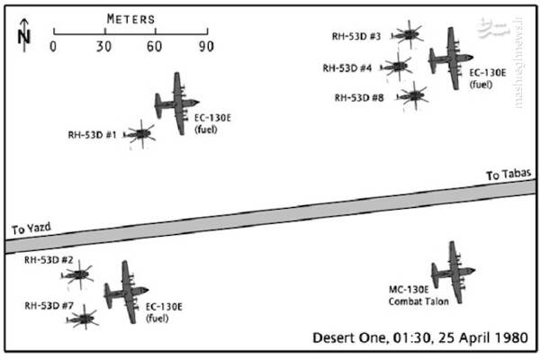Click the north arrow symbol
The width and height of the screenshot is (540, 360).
(24, 33)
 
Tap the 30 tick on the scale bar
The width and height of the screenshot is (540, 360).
(104, 32)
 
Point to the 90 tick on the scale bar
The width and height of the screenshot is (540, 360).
(206, 32)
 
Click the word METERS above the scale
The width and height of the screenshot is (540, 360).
(130, 17)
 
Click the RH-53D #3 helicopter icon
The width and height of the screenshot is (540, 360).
(409, 35)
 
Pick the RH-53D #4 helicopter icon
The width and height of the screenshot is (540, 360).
(396, 66)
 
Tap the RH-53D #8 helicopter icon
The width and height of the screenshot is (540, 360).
(413, 94)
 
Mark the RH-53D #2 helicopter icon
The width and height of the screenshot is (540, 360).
(78, 274)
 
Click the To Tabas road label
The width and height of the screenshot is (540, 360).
(505, 175)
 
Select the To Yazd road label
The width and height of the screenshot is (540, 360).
(28, 229)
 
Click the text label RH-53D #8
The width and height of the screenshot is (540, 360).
(359, 96)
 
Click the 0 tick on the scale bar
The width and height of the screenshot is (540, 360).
(53, 32)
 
